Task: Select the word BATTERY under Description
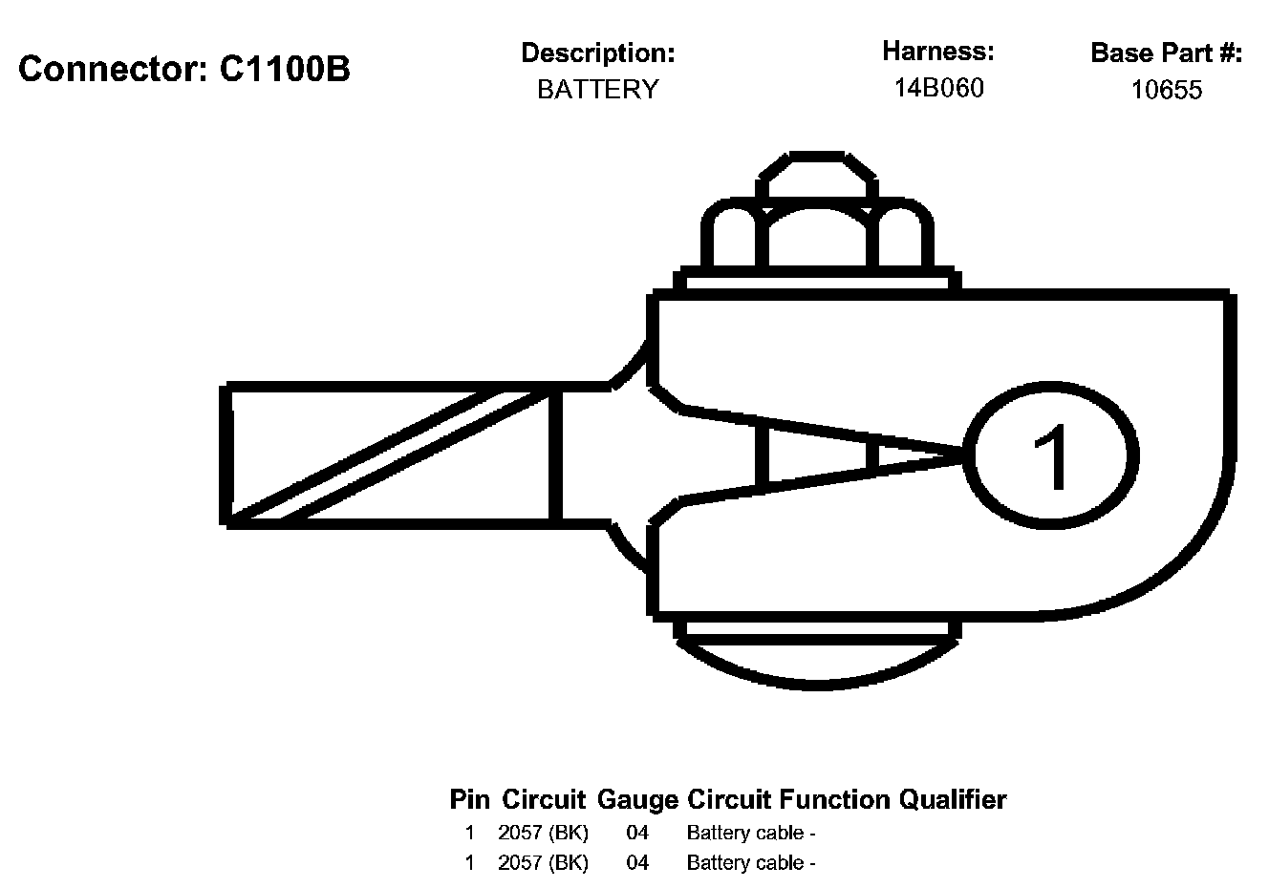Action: (x=598, y=90)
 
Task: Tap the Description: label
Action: (x=598, y=53)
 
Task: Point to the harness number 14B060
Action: (x=938, y=89)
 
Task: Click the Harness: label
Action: (x=938, y=51)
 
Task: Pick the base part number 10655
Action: (x=1166, y=91)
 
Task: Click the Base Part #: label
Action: (x=1166, y=53)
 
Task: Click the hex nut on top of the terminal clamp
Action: (x=817, y=234)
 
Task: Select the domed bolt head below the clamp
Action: (x=817, y=659)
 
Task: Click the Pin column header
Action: (x=469, y=799)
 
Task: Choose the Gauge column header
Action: (x=637, y=799)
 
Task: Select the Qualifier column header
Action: (x=953, y=799)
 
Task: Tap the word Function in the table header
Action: (x=836, y=799)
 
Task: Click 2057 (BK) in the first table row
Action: (x=543, y=833)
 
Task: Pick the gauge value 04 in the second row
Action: (x=637, y=863)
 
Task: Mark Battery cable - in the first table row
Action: (x=751, y=833)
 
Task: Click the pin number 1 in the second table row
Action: (x=469, y=863)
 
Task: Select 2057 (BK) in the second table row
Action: (x=543, y=863)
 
